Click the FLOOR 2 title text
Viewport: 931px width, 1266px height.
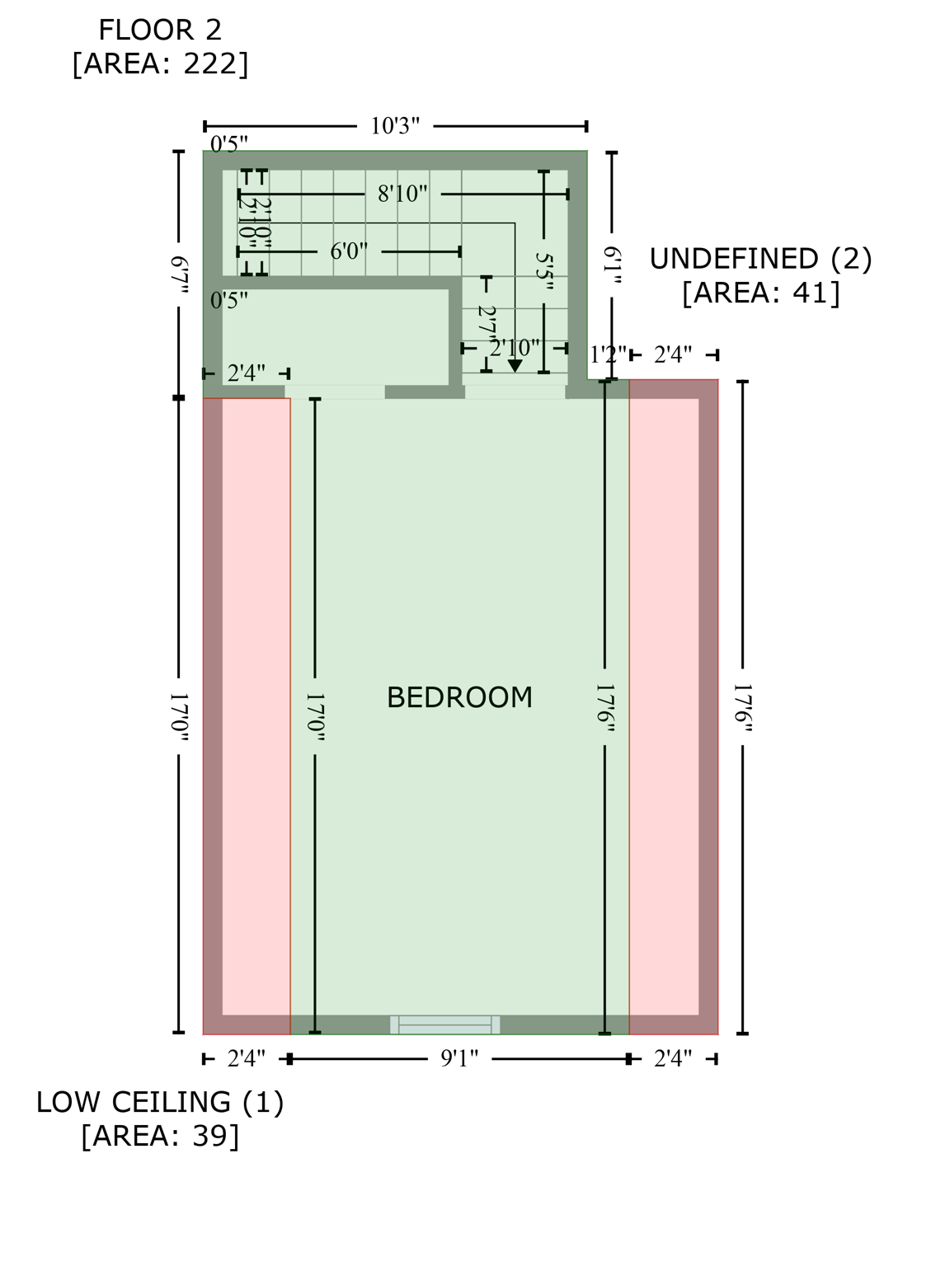(x=160, y=30)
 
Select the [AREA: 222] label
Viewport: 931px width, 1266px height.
(x=160, y=64)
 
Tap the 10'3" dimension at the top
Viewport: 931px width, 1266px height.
(x=395, y=126)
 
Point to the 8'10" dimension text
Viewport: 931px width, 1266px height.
(x=402, y=195)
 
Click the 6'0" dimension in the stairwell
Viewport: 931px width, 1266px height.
(x=349, y=251)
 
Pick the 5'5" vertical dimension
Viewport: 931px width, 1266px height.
(x=544, y=270)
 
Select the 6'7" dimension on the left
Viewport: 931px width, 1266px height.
(x=179, y=275)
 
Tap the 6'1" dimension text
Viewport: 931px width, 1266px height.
(x=612, y=265)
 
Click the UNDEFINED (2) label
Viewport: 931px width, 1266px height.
(x=760, y=259)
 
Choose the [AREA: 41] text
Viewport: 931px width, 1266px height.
(x=760, y=293)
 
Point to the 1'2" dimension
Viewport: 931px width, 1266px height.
(x=608, y=355)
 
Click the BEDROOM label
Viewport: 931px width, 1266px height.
(x=459, y=698)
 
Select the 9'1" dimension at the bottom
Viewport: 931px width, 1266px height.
(x=459, y=1059)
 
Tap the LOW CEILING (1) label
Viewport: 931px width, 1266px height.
(x=160, y=1102)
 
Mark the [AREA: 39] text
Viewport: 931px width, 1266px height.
(x=160, y=1136)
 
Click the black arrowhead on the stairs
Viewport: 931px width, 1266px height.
(x=515, y=366)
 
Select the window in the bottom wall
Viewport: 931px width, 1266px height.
(x=444, y=1025)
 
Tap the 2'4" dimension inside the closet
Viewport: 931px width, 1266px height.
(x=246, y=373)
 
